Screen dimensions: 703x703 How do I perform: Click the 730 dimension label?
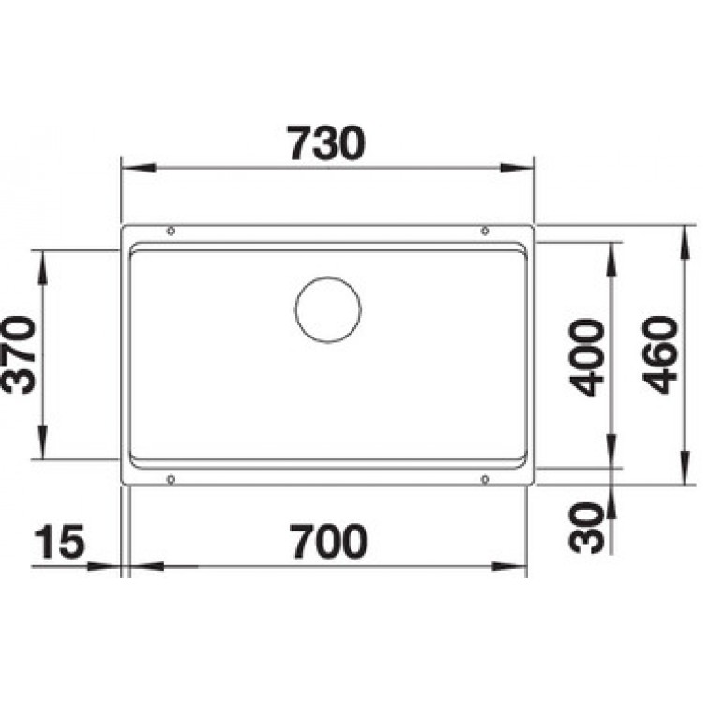(326, 143)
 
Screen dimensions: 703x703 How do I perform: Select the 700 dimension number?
(329, 541)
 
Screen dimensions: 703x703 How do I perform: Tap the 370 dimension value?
(19, 354)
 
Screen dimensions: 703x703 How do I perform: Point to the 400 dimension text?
(587, 357)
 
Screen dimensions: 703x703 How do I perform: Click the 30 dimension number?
(585, 528)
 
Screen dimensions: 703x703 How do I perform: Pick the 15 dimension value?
(59, 541)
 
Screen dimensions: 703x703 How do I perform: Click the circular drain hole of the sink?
(328, 309)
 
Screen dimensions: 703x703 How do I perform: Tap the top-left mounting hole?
(171, 231)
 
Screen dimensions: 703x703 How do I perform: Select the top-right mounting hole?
(485, 231)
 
